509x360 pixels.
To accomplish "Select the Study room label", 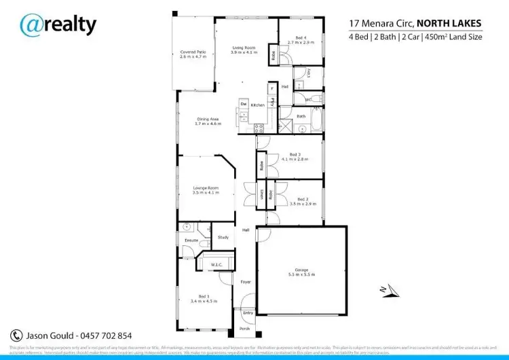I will tap(223, 237).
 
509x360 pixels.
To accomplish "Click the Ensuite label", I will tap(191, 240).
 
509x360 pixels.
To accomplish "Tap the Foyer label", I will tap(246, 280).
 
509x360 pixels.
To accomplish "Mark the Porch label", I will tap(245, 328).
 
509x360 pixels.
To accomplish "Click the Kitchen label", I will tap(258, 105).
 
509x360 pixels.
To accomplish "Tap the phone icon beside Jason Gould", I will tap(17, 336).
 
